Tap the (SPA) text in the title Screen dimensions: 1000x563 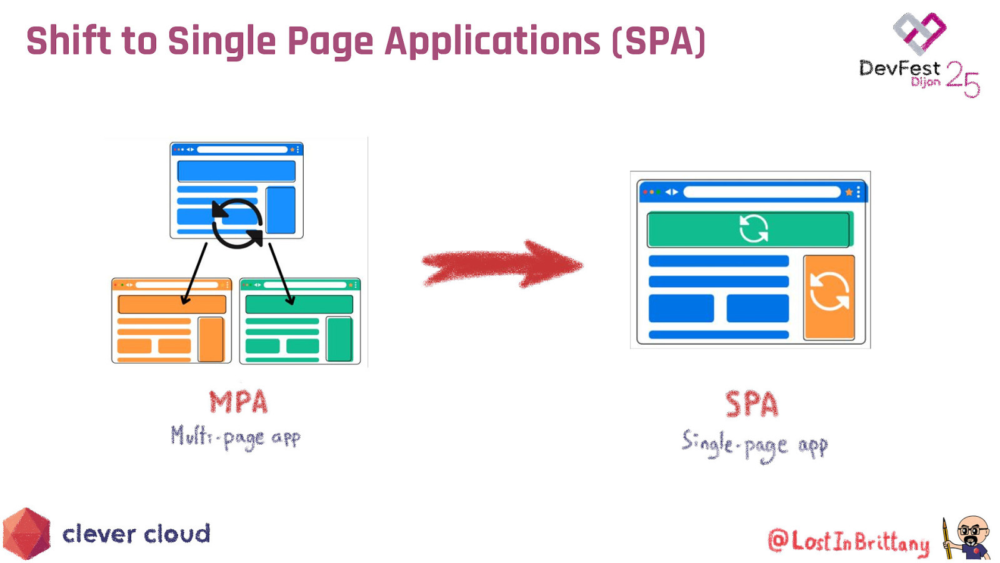(659, 41)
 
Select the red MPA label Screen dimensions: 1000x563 (239, 402)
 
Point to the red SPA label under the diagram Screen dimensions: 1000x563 (752, 404)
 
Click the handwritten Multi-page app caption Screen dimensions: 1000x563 (236, 437)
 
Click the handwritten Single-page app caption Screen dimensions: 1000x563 (755, 445)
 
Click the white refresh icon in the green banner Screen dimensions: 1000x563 (754, 229)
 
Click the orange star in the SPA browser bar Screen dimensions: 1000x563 (849, 192)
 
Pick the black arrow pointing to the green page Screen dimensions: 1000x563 (281, 273)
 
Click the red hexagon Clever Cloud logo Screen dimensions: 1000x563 (26, 533)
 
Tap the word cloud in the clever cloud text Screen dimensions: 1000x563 (177, 534)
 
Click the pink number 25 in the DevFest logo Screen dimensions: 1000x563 (962, 79)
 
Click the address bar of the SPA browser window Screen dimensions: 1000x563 (762, 192)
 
